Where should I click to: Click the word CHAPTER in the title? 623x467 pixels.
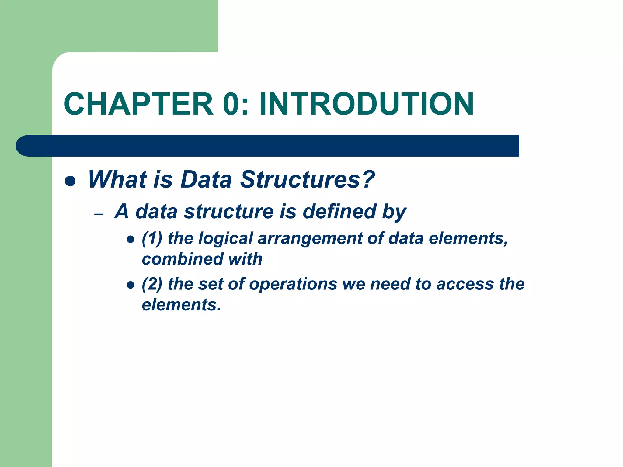pos(138,104)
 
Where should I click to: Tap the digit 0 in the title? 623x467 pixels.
pos(233,104)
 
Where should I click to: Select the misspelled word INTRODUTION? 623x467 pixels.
pos(366,104)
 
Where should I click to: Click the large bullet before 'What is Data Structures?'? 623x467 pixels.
pos(70,181)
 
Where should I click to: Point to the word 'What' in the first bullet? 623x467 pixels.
pos(117,179)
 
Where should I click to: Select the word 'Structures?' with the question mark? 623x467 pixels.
pos(307,179)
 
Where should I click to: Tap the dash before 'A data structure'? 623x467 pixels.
pos(99,214)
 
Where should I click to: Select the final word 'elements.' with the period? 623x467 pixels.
pos(181,305)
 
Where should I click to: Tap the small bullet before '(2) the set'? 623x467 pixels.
pos(131,285)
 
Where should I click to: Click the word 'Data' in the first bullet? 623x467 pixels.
pos(206,179)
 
